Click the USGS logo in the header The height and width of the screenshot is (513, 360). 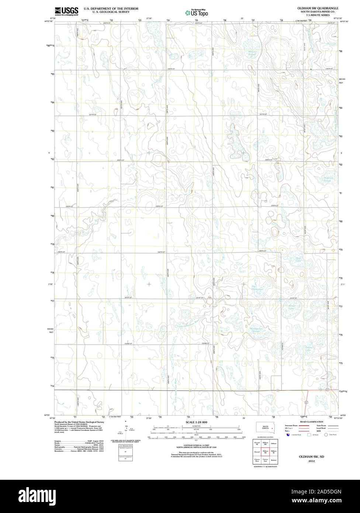[66, 11]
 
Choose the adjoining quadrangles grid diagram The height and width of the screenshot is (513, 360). [265, 452]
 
